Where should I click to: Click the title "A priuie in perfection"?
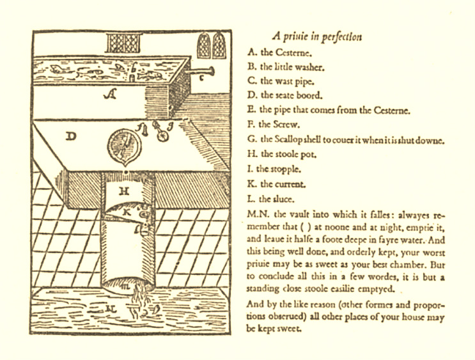[x=317, y=36]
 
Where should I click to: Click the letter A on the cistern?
[x=110, y=95]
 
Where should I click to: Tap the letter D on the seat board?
[x=71, y=136]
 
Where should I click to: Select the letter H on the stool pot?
[x=124, y=191]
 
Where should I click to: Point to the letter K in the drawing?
[x=127, y=212]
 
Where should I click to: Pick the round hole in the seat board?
[x=124, y=146]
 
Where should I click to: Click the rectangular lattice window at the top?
[x=124, y=43]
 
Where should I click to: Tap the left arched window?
[x=204, y=45]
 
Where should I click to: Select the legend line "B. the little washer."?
[x=286, y=67]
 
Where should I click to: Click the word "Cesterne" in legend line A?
[x=293, y=52]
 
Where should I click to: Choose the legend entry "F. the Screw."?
[x=274, y=125]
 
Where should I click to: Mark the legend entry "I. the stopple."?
[x=274, y=169]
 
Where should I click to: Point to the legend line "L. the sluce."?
[x=271, y=199]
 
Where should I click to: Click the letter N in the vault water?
[x=111, y=309]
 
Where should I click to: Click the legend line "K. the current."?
[x=276, y=184]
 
